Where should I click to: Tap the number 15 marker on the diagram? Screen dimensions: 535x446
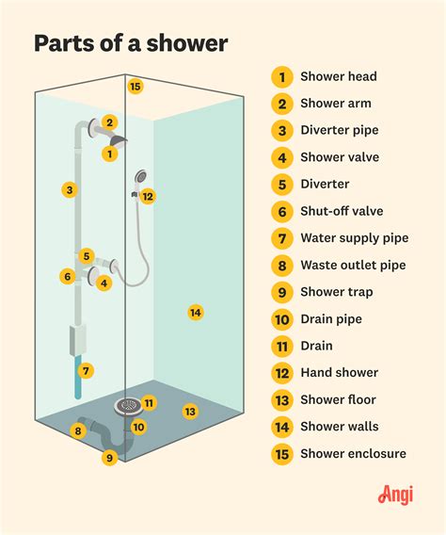[x=135, y=87]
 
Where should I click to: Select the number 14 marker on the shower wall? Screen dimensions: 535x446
[x=195, y=312]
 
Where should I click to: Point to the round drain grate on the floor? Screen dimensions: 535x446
[x=129, y=406]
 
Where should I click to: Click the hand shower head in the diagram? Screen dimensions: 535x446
[x=140, y=176]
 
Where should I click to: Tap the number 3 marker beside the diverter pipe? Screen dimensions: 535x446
[x=69, y=190]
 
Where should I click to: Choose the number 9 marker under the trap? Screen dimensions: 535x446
[x=109, y=458]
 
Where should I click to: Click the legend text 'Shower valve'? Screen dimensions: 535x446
[x=339, y=157]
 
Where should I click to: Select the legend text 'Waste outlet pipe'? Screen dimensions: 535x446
[x=353, y=266]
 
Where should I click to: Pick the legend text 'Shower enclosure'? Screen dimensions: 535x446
[x=353, y=454]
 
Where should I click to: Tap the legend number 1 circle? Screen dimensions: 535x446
[x=280, y=76]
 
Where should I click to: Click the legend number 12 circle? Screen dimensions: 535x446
[x=280, y=373]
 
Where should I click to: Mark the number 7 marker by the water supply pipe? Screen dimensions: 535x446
[x=86, y=370]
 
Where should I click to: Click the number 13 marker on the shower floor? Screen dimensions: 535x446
[x=190, y=412]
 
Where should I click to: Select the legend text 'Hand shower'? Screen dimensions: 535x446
[x=339, y=373]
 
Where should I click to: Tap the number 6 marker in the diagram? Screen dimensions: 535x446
[x=68, y=277]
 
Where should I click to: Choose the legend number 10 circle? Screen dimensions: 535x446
[x=280, y=319]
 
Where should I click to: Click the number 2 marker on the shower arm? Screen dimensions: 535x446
[x=110, y=122]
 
